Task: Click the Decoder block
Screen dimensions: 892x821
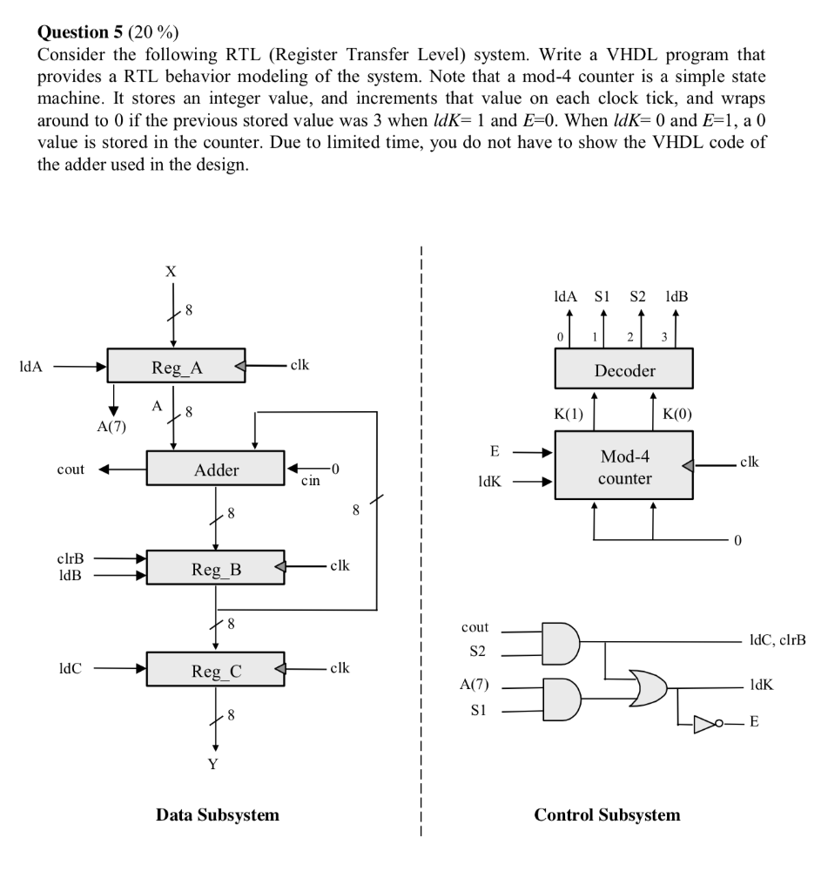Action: [x=624, y=370]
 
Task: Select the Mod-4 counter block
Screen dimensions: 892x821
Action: [x=624, y=467]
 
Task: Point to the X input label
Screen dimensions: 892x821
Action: [x=172, y=272]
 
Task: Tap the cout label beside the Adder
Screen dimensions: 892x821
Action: [x=71, y=470]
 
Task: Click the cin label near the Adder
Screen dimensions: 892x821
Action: [x=309, y=480]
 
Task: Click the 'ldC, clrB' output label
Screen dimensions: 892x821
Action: [x=771, y=640]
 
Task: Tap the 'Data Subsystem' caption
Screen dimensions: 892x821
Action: [x=218, y=815]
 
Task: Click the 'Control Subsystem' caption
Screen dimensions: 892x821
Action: [x=607, y=815]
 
